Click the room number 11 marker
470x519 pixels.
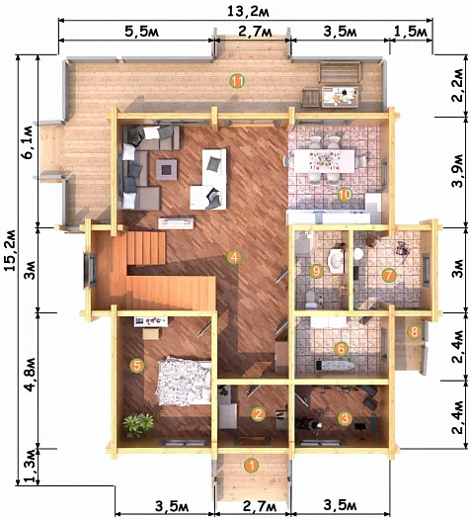tap(237, 81)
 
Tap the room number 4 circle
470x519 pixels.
tap(234, 257)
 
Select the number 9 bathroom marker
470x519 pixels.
tap(316, 272)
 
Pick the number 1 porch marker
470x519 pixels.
tap(252, 466)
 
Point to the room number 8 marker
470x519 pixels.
tap(415, 331)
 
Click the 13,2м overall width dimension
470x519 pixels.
tap(248, 12)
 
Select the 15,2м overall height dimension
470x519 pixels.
tap(10, 249)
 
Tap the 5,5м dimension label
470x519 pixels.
tap(142, 32)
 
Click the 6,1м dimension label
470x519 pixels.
tap(29, 142)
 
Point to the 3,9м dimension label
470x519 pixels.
tap(458, 171)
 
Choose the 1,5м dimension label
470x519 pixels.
tap(411, 32)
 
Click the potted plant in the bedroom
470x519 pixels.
tap(138, 424)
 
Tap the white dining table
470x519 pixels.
tap(324, 161)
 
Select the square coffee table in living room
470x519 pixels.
tap(166, 169)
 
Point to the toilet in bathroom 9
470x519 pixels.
tap(311, 298)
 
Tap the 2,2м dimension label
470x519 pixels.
tap(458, 85)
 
